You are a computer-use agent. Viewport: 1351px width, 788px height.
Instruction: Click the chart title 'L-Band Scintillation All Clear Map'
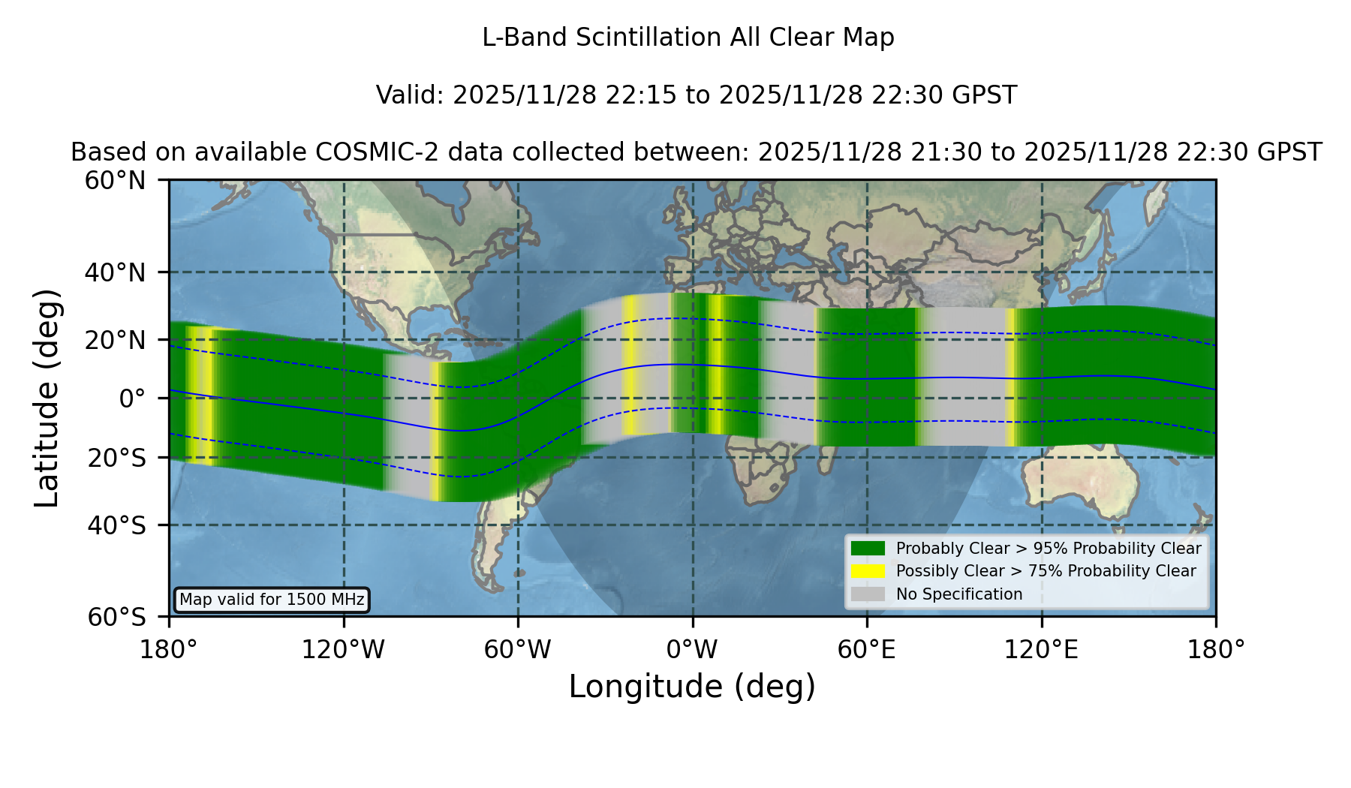pyautogui.click(x=688, y=38)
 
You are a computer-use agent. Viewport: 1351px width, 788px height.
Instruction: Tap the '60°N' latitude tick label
pyautogui.click(x=116, y=181)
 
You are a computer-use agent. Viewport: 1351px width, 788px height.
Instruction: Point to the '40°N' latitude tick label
pyautogui.click(x=116, y=272)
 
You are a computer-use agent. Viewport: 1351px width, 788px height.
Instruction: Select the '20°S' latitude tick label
pyautogui.click(x=117, y=458)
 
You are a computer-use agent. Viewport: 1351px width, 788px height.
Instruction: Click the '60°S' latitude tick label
pyautogui.click(x=117, y=617)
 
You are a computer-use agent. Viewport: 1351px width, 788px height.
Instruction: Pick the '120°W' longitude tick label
pyautogui.click(x=344, y=650)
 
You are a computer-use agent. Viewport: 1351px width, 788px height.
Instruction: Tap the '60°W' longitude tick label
pyautogui.click(x=518, y=650)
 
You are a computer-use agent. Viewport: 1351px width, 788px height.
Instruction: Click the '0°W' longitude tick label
pyautogui.click(x=693, y=650)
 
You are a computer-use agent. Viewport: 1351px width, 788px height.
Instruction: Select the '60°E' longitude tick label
pyautogui.click(x=867, y=650)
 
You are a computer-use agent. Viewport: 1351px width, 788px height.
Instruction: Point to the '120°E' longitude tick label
pyautogui.click(x=1042, y=650)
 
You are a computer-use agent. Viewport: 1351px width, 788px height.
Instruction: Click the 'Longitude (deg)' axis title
pyautogui.click(x=692, y=687)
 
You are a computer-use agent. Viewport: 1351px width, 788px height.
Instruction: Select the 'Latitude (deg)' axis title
pyautogui.click(x=47, y=398)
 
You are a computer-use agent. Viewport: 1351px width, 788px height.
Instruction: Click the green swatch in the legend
pyautogui.click(x=868, y=549)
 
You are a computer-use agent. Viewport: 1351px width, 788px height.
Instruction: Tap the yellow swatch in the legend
pyautogui.click(x=868, y=571)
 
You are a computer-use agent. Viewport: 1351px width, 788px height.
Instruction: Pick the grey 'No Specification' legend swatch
pyautogui.click(x=868, y=594)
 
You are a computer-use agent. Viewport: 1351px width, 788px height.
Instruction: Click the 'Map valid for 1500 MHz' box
pyautogui.click(x=272, y=600)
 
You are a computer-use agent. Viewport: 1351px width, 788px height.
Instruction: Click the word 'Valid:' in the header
pyautogui.click(x=411, y=95)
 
